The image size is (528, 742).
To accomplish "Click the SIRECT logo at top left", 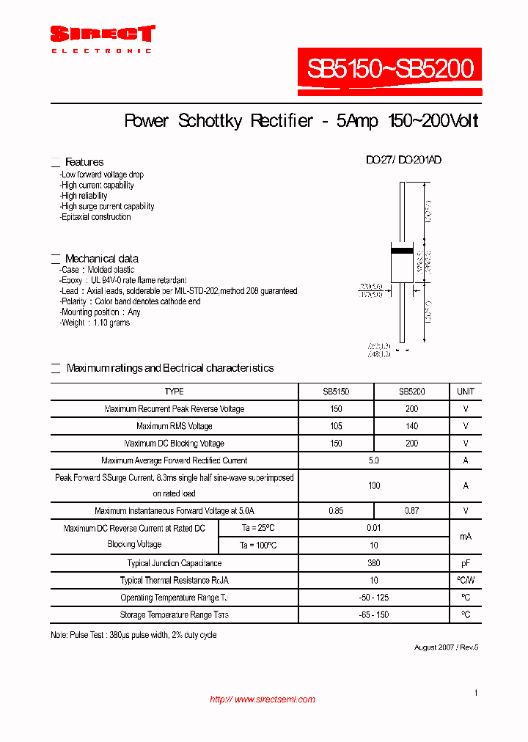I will [102, 34].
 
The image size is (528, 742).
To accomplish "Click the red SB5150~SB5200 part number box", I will [390, 70].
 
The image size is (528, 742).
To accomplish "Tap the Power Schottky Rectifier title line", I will [301, 121].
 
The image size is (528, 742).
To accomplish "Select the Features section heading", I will [84, 162].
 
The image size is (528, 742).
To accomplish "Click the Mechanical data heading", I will [101, 259].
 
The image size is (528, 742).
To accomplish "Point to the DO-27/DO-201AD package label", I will [403, 160].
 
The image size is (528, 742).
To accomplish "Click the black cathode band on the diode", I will [402, 251].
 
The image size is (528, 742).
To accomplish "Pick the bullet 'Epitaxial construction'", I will [95, 217].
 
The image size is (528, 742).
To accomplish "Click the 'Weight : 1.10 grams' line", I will [95, 323].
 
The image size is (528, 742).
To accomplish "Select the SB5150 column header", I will [336, 392].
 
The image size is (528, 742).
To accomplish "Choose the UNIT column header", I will [466, 392].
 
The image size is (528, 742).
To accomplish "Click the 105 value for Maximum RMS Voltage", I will [336, 426].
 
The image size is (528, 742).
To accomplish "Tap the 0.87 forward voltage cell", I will [411, 510].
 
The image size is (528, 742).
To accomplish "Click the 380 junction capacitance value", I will [374, 563].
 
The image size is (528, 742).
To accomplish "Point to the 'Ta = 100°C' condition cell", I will [258, 546].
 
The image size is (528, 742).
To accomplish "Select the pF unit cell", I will [466, 563].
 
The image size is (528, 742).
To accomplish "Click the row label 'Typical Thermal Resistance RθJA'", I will [175, 581].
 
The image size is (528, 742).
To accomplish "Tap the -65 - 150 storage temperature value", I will [374, 615].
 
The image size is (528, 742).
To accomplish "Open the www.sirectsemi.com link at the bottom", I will [263, 699].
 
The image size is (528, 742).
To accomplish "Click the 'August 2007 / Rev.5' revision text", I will [446, 647].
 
